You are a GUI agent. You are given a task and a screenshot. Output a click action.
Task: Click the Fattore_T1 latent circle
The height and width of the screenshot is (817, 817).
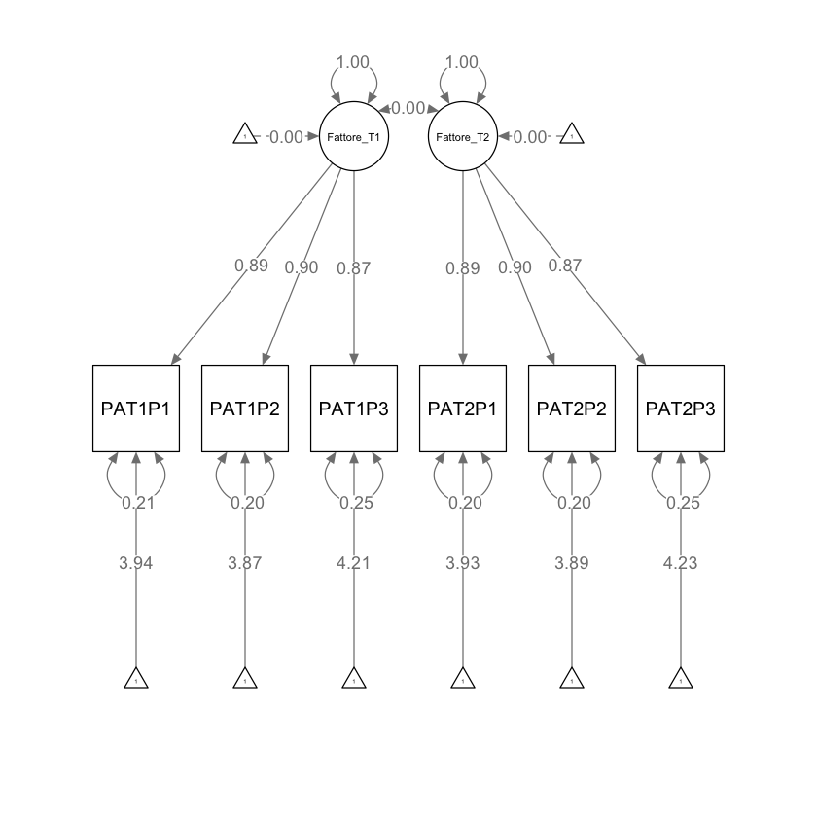click(354, 136)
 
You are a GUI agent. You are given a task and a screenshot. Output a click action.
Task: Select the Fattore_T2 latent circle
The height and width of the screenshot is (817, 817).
click(463, 136)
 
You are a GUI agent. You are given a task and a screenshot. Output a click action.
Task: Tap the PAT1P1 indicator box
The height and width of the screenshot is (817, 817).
click(136, 408)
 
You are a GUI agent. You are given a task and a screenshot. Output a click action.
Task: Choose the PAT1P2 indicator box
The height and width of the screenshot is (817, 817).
click(245, 408)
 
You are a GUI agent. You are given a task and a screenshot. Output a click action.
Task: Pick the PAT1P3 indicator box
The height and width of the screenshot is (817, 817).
click(354, 408)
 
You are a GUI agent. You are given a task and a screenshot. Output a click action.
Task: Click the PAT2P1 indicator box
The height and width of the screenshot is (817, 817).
click(463, 408)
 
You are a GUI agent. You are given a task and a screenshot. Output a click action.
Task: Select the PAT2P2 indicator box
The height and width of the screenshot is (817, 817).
click(572, 408)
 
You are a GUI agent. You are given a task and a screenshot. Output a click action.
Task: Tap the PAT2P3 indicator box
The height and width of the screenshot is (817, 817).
click(681, 408)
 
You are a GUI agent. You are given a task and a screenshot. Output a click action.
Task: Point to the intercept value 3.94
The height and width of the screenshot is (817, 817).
click(136, 563)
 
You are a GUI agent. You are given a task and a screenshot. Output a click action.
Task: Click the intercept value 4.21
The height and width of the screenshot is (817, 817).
click(354, 563)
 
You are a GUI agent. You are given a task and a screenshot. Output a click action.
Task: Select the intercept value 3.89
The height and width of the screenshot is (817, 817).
click(572, 563)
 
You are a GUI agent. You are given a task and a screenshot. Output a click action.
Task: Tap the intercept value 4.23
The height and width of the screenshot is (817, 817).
click(681, 563)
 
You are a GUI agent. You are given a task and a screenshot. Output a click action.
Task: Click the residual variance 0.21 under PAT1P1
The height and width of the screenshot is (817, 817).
click(136, 503)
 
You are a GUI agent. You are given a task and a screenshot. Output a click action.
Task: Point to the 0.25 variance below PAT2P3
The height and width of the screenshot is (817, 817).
click(681, 503)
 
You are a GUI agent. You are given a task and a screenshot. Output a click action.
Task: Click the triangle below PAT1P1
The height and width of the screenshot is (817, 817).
click(136, 679)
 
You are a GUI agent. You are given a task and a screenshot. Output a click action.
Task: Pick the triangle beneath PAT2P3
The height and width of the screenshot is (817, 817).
click(681, 679)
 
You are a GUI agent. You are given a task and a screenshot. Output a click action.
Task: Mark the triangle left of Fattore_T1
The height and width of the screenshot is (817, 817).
click(245, 135)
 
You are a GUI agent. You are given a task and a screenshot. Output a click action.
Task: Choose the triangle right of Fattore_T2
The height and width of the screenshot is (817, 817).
click(572, 135)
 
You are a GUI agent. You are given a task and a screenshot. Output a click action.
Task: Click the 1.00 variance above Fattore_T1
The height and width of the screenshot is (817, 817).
click(353, 62)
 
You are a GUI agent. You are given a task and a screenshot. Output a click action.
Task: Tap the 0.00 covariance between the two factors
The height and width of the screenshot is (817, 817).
click(408, 109)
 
